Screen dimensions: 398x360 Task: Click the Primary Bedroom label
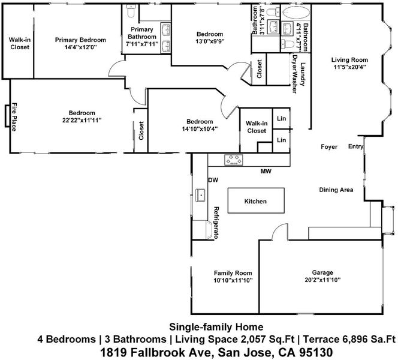(x=80, y=40)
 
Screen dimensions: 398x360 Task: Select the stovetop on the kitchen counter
(x=233, y=160)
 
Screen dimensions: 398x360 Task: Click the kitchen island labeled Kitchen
(x=256, y=200)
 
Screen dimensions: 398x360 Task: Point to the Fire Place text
(x=14, y=117)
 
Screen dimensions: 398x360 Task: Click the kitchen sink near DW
(x=200, y=195)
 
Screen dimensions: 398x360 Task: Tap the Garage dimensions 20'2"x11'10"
(x=322, y=280)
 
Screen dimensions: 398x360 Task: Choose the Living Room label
(x=349, y=60)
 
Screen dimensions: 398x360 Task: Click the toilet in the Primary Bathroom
(x=131, y=11)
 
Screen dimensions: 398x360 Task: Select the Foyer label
(x=329, y=147)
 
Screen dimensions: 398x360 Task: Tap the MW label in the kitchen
(x=266, y=171)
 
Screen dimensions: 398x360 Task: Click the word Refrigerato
(x=216, y=223)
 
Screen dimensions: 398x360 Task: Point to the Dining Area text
(x=336, y=190)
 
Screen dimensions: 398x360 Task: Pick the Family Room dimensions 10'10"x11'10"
(x=233, y=280)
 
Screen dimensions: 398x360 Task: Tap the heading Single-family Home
(x=216, y=327)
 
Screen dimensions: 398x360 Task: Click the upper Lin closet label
(x=281, y=118)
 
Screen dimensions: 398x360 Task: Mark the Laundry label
(x=303, y=74)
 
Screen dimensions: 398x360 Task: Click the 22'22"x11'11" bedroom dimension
(x=82, y=120)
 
